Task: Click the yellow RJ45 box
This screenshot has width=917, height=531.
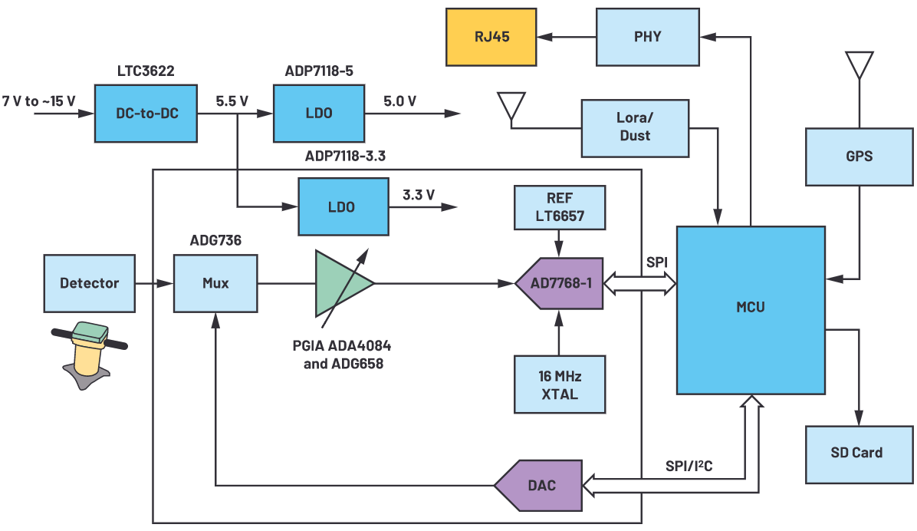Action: (491, 36)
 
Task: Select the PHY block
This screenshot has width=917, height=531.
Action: (648, 36)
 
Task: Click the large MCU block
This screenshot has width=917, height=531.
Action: (750, 309)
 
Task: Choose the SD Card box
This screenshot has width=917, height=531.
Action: (856, 453)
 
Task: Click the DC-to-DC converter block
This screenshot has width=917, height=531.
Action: (145, 113)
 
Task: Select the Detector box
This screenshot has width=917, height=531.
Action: (90, 283)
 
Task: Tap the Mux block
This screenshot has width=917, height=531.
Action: (215, 283)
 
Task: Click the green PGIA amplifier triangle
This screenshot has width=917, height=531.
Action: (340, 283)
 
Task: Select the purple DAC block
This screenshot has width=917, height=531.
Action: (538, 485)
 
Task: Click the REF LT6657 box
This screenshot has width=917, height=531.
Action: (560, 207)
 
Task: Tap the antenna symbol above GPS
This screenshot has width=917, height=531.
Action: (859, 65)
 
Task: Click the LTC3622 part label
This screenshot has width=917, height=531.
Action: (145, 71)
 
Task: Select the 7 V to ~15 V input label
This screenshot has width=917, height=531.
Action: (39, 101)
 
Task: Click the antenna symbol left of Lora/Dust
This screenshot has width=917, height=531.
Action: (511, 107)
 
